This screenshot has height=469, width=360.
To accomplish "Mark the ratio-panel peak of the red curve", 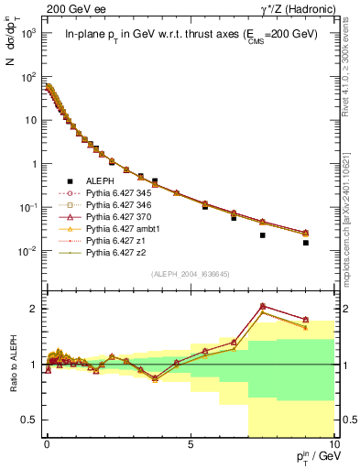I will point(263,305).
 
